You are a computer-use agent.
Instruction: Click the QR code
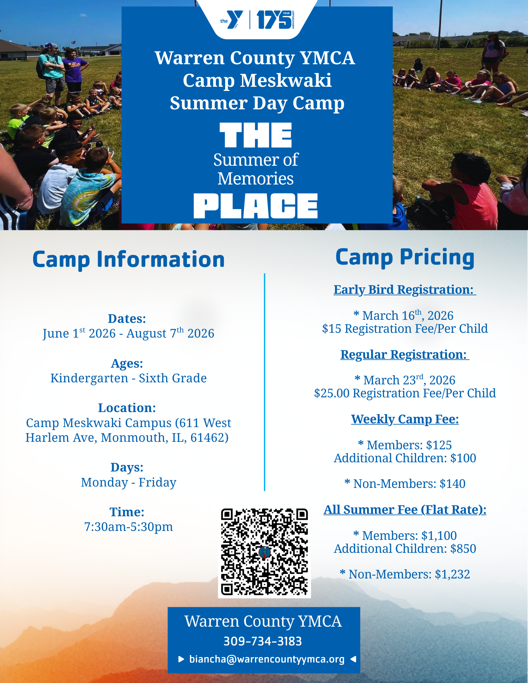(264, 552)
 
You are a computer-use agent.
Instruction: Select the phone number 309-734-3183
(262, 641)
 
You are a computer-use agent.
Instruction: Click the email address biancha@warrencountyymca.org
(267, 659)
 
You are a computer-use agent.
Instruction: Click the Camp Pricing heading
(405, 258)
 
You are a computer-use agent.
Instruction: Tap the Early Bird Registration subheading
(405, 290)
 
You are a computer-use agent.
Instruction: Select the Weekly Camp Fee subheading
(405, 419)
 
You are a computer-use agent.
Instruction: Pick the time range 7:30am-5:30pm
(128, 527)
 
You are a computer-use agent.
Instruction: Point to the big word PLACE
(256, 206)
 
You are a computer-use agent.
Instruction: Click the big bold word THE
(256, 135)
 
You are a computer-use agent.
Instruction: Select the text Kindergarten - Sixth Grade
(128, 378)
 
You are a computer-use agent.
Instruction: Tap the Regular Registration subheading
(405, 355)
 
